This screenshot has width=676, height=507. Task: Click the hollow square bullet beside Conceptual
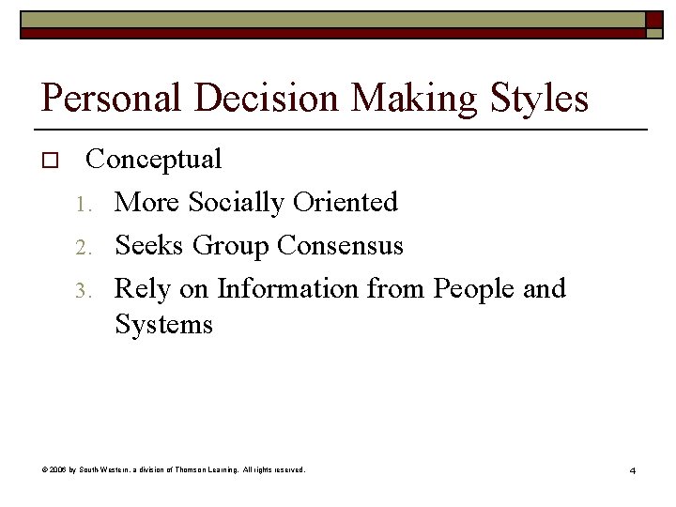[x=51, y=161]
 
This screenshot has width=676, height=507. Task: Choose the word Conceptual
[x=154, y=160]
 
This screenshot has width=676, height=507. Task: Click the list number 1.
[x=84, y=204]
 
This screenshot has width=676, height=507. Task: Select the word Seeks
[x=150, y=246]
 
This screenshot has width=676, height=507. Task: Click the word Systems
[x=164, y=326]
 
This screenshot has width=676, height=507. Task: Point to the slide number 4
[x=632, y=469]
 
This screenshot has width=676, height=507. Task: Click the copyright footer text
[x=174, y=469]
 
